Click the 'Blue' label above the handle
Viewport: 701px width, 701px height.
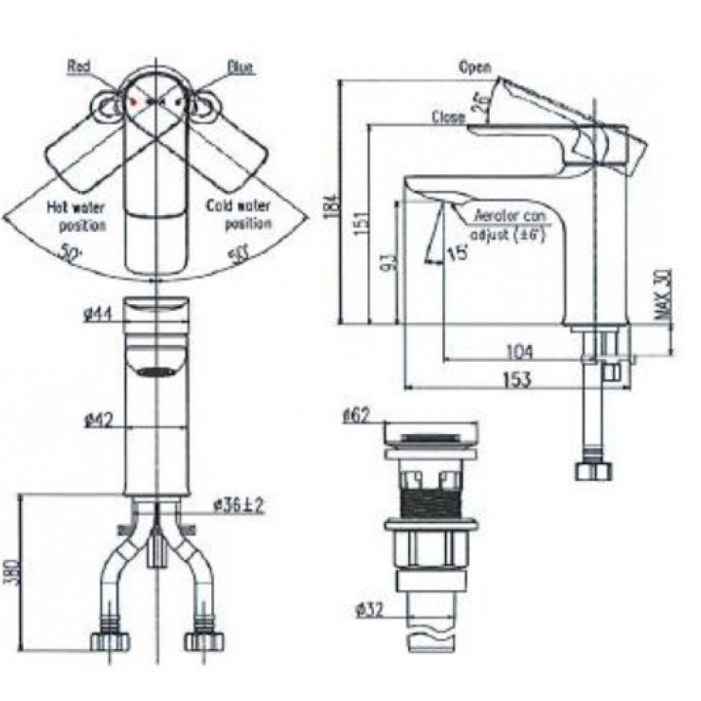tap(241, 67)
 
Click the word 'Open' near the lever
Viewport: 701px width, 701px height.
tap(475, 67)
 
